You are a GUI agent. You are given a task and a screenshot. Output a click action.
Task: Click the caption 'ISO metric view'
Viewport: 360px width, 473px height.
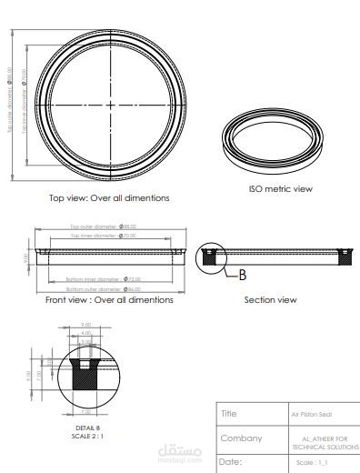click(x=280, y=189)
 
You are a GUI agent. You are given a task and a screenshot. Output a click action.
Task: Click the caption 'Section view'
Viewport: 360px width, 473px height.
click(x=270, y=299)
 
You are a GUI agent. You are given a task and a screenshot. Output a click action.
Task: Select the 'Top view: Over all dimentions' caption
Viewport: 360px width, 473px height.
click(x=109, y=197)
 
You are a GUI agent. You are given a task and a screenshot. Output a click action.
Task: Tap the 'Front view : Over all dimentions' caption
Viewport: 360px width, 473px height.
click(x=109, y=299)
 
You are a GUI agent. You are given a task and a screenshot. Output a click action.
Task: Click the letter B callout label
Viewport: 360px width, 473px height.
click(x=244, y=275)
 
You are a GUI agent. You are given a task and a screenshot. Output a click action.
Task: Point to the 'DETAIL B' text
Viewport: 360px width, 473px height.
click(x=87, y=427)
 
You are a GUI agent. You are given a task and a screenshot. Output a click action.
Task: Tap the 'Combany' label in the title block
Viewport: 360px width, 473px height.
click(x=241, y=438)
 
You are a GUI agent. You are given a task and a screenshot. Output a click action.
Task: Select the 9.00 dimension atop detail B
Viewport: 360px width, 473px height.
click(x=86, y=325)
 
